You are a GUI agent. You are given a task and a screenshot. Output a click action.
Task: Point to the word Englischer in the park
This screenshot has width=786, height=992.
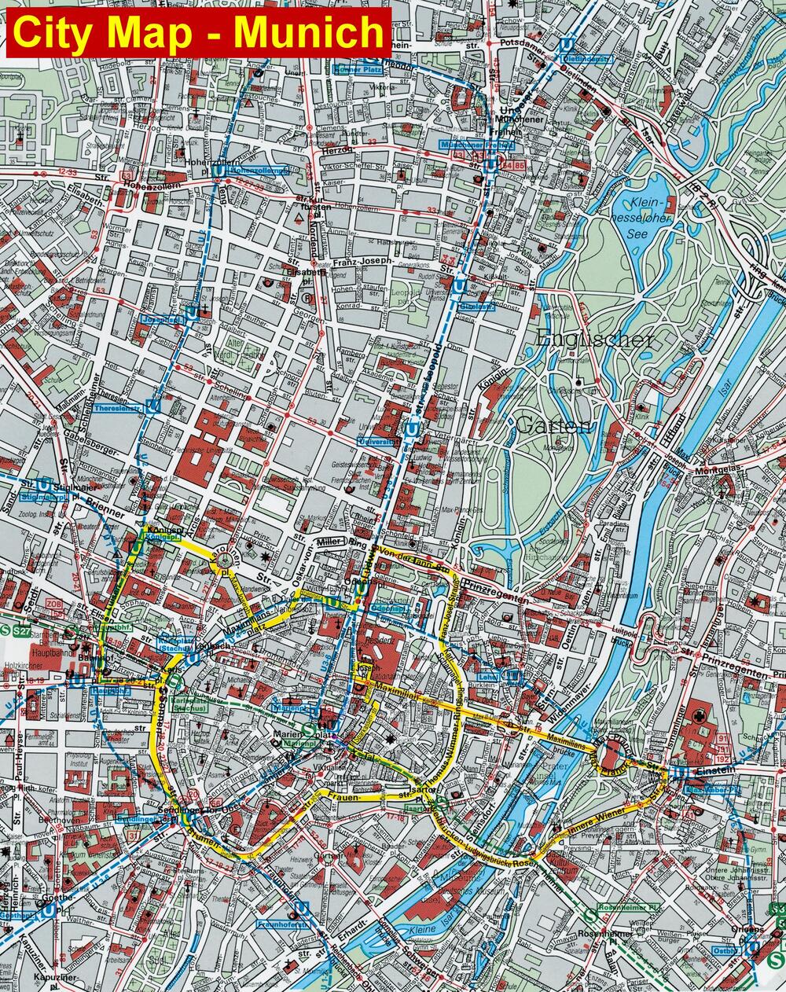tap(596, 340)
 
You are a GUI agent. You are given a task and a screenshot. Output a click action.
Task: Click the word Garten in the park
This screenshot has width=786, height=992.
tap(553, 426)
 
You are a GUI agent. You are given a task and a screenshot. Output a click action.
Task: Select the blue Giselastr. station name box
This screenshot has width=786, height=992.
tap(478, 306)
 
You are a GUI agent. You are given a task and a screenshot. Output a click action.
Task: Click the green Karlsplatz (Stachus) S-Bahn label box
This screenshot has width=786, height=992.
tap(189, 704)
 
